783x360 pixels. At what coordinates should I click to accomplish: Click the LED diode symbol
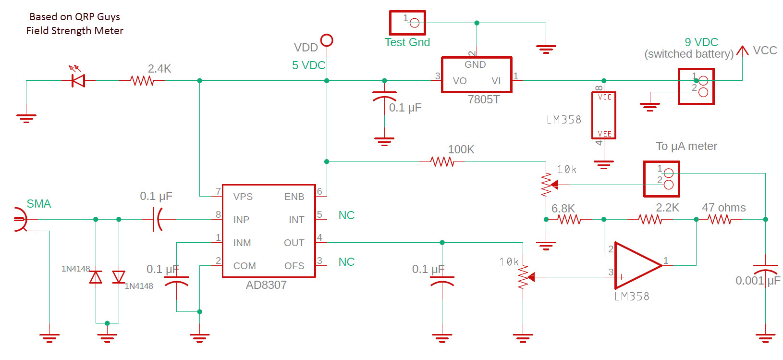point(78,80)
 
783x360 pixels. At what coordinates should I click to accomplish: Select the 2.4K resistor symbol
point(142,80)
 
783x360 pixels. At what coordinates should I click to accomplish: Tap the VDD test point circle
point(327,40)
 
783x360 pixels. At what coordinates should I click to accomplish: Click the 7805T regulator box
point(477,75)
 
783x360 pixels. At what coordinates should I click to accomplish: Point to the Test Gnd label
point(407,42)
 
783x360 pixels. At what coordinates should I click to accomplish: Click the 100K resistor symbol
point(442,161)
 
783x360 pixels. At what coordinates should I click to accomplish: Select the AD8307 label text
point(266,285)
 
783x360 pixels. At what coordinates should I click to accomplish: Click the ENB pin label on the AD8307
point(294,197)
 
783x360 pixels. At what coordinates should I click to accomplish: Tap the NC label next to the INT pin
point(346,215)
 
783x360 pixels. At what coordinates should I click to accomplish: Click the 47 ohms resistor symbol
point(720,219)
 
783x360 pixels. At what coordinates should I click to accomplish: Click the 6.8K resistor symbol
point(570,219)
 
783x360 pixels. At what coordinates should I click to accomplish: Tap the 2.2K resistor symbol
point(650,219)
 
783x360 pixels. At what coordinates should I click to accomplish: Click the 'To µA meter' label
point(686,146)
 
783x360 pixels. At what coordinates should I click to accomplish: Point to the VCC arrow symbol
point(742,50)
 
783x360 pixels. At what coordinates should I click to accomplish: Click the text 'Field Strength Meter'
point(74,31)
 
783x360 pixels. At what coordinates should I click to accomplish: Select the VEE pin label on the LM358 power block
point(604,134)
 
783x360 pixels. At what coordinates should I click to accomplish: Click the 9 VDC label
point(701,42)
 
